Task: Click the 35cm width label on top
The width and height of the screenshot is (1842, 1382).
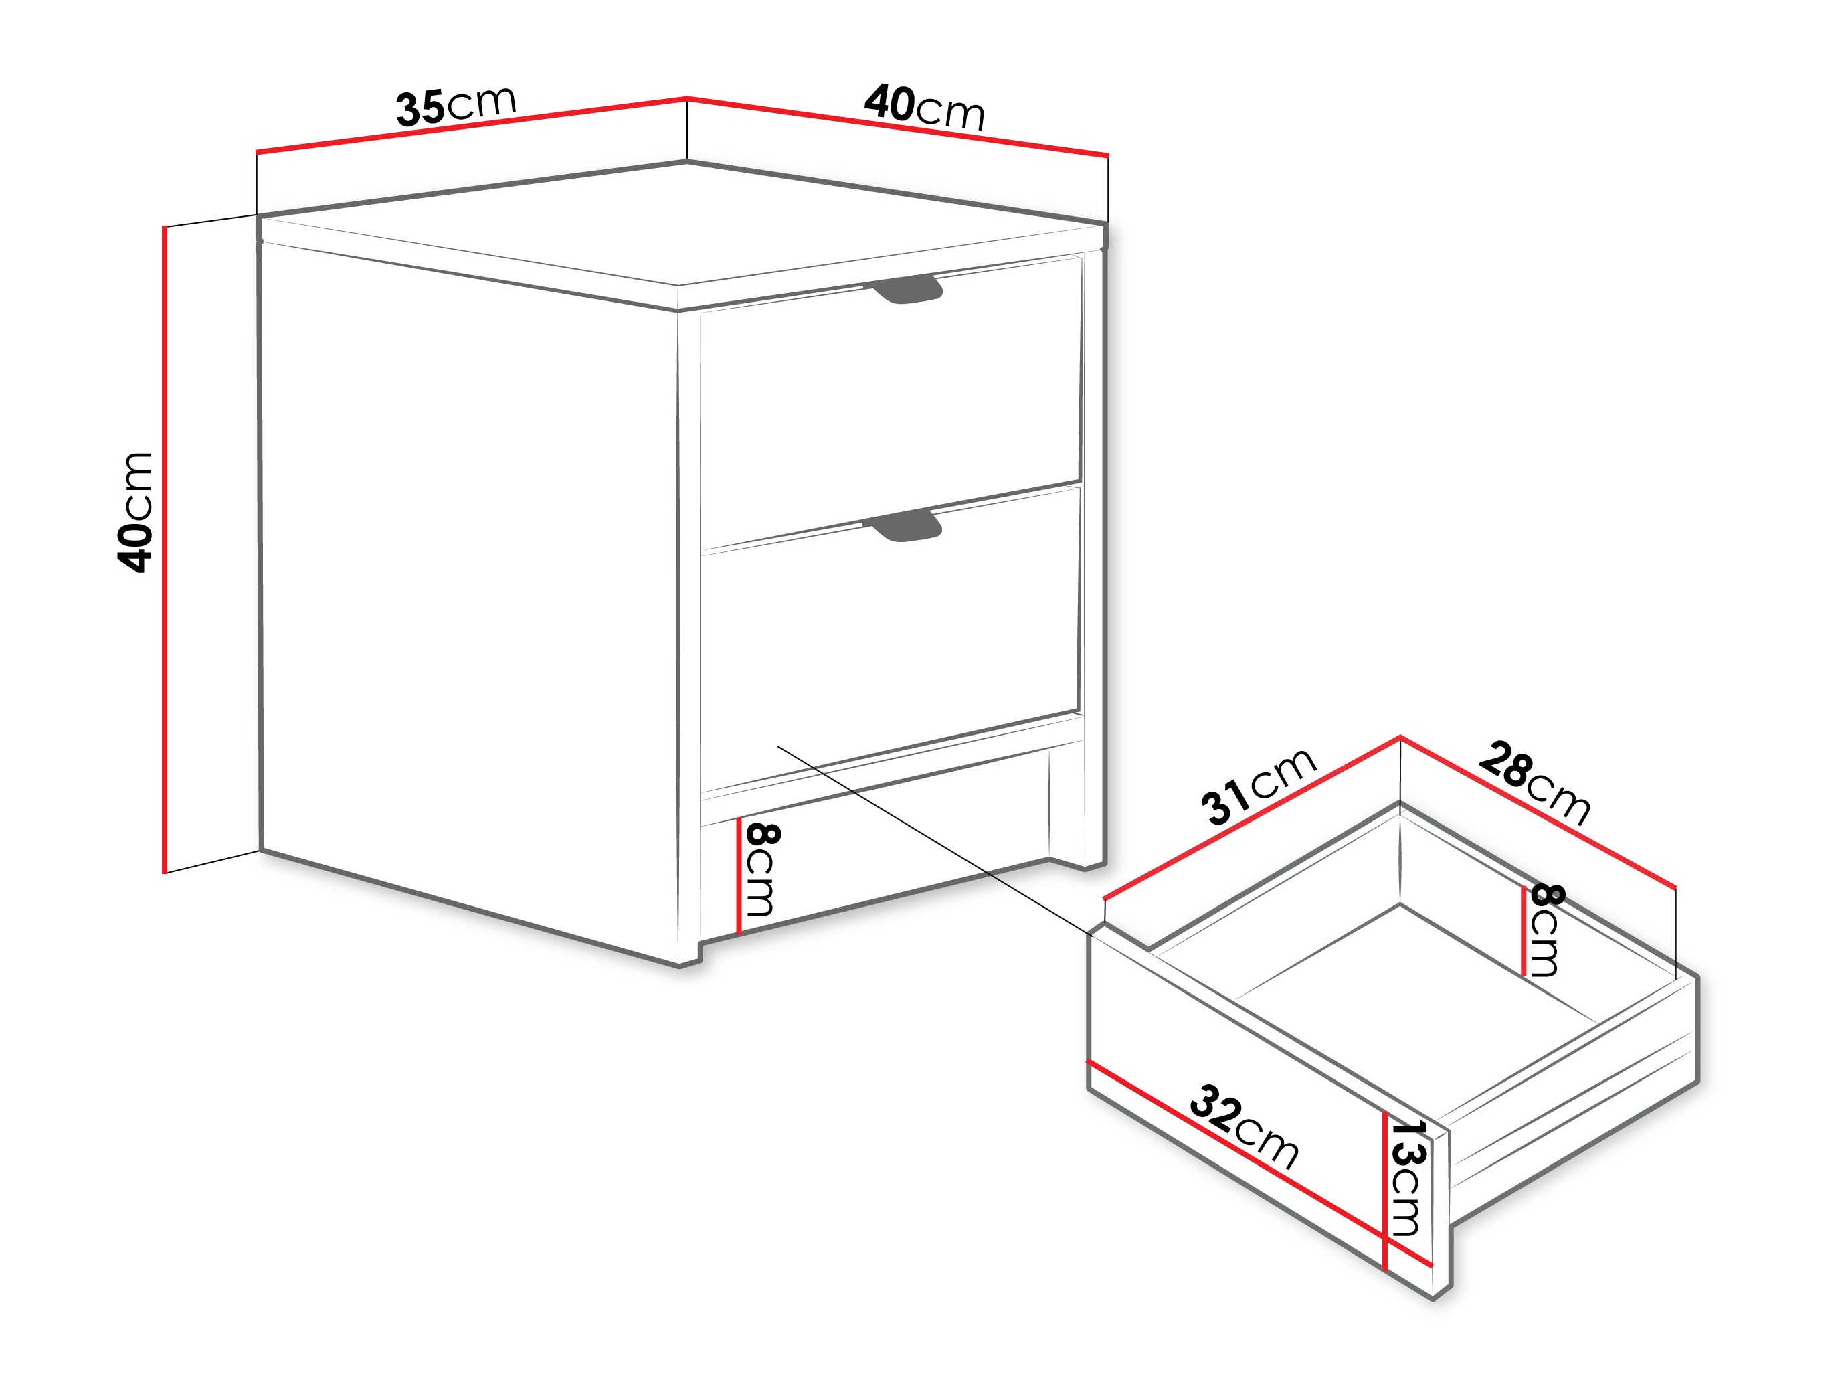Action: click(x=456, y=106)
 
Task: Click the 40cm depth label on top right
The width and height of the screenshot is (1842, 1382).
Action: click(x=924, y=106)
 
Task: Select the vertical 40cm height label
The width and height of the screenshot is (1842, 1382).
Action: click(x=135, y=513)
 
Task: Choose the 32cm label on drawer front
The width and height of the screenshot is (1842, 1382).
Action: click(x=1244, y=1126)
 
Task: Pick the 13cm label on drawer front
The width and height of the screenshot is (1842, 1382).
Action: click(x=1408, y=1178)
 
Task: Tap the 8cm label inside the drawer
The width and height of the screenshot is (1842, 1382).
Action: click(x=1546, y=930)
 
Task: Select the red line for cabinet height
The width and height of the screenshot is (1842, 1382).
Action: click(x=165, y=550)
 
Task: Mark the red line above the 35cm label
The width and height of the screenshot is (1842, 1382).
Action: click(x=471, y=126)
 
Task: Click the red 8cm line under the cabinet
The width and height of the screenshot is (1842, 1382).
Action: click(x=739, y=875)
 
